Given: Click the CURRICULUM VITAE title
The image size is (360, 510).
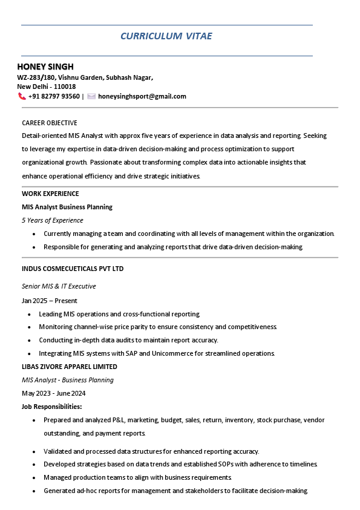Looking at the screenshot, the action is (166, 36).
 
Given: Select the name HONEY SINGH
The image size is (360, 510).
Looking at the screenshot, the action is (45, 67).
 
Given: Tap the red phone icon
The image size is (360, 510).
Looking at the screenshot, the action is (22, 96).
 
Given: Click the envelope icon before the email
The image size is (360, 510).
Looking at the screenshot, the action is (91, 96).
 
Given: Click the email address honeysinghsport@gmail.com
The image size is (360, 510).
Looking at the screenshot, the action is (142, 96).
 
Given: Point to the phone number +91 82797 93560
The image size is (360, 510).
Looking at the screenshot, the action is (54, 96).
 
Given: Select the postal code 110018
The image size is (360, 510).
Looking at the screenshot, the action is (65, 87).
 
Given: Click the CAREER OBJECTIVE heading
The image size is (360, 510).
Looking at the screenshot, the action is (50, 123).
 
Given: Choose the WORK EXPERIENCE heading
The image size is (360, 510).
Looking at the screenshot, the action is (50, 194).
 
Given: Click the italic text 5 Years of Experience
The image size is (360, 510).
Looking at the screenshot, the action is (53, 220).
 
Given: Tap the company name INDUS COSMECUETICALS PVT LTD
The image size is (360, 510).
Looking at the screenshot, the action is (73, 268).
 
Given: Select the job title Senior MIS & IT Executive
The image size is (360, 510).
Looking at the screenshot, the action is (59, 286).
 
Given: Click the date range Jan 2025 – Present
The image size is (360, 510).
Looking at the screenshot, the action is (50, 301).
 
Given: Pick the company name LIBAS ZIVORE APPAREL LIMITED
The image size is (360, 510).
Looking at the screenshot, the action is (70, 367).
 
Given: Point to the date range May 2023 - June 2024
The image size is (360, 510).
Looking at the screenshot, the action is (54, 393).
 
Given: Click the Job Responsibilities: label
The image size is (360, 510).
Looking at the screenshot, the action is (52, 407).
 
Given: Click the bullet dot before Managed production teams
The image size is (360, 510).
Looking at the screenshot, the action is (34, 477).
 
